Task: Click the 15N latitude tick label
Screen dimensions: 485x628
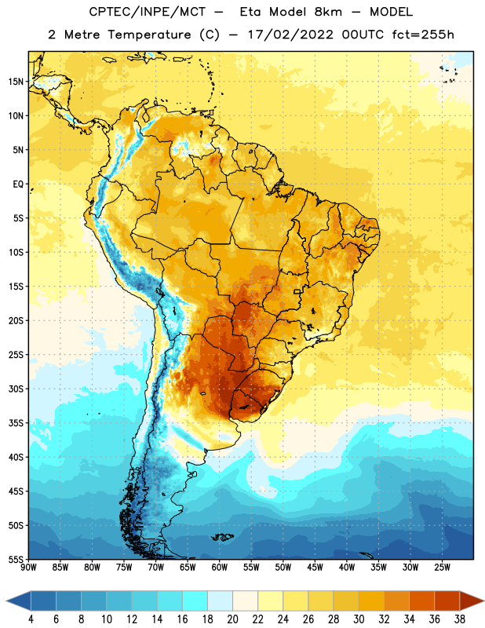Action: tap(16, 82)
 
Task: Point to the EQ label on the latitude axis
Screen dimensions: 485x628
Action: tap(18, 184)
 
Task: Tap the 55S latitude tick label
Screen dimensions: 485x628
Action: tap(16, 559)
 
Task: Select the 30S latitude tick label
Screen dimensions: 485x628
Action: tap(16, 389)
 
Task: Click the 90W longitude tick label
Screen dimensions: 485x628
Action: tap(28, 568)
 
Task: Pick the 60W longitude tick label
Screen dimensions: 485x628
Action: tap(220, 568)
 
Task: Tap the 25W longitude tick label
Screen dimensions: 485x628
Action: tap(442, 568)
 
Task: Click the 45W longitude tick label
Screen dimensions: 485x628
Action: tap(315, 568)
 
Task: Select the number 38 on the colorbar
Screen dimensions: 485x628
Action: tap(459, 619)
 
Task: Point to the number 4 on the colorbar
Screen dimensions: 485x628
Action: tap(31, 619)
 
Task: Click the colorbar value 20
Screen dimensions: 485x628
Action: tap(232, 619)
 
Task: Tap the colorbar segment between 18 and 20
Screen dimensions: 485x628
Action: tap(221, 601)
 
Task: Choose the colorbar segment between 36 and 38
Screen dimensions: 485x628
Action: tap(447, 601)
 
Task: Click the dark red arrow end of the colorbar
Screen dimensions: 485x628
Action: tap(471, 601)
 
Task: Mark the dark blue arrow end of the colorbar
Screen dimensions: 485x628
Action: tap(19, 601)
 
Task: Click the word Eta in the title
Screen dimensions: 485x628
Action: tap(250, 12)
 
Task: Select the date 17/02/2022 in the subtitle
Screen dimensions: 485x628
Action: tap(290, 35)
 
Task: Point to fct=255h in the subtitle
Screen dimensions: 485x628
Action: tap(423, 35)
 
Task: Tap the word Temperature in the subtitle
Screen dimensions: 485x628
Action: tap(149, 35)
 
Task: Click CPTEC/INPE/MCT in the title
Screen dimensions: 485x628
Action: tap(147, 12)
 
